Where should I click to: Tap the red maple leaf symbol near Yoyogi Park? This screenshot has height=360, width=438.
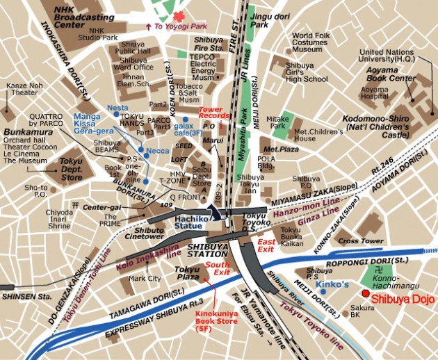point(179,15)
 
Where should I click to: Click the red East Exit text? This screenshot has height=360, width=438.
point(266,244)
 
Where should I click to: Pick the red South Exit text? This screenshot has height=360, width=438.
point(218,269)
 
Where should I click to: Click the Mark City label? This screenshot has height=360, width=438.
point(145,279)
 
